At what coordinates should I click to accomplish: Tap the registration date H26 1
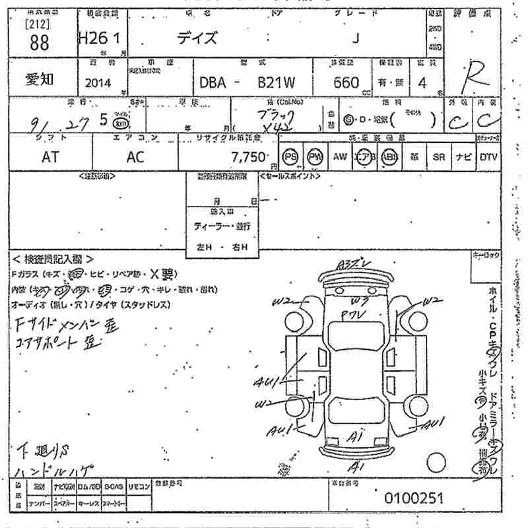tap(99, 39)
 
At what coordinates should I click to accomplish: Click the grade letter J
tap(356, 38)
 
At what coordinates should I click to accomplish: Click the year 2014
tap(98, 83)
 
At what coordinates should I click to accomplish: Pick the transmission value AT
tap(50, 158)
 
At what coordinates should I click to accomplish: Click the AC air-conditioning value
tap(135, 158)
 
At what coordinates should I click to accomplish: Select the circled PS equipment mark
tap(290, 157)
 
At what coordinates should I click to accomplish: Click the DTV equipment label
tap(489, 157)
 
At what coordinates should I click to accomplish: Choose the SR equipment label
tap(439, 157)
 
